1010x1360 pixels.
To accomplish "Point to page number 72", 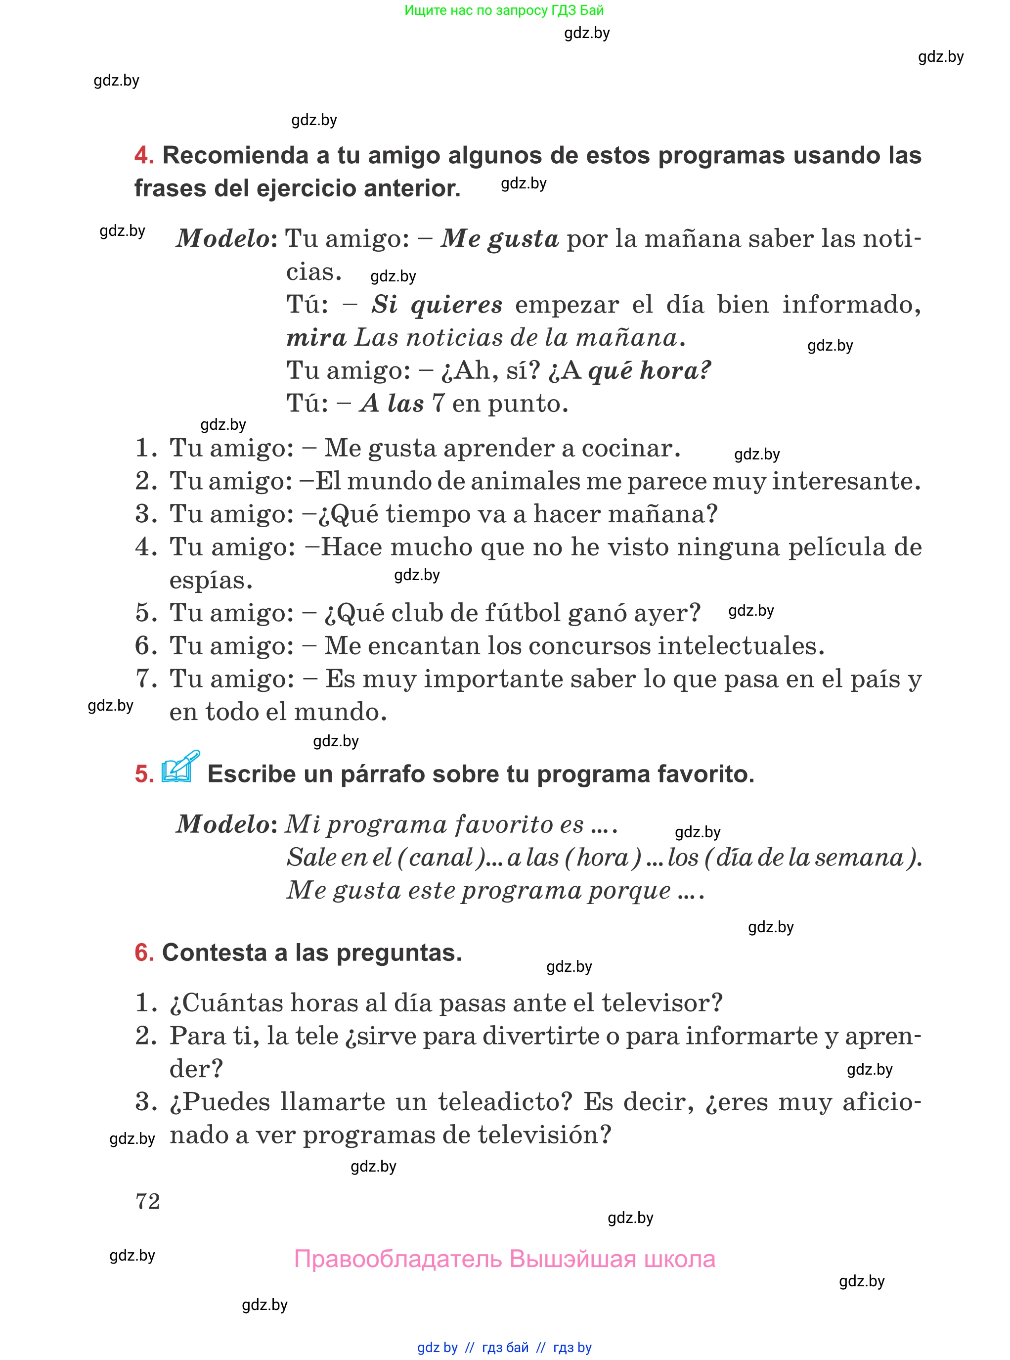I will point(147,1201).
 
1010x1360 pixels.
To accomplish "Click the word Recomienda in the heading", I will point(235,156).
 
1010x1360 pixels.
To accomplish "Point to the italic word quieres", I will point(457,305).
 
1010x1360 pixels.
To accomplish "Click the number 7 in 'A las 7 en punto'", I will point(438,404).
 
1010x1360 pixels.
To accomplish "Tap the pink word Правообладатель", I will point(398,1259).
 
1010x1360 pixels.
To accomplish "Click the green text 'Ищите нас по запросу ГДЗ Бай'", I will point(504,10).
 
